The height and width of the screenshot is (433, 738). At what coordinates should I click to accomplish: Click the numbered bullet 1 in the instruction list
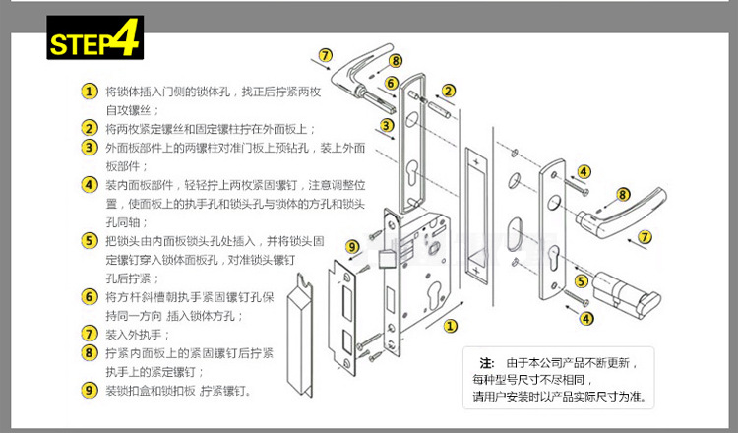coord(90,91)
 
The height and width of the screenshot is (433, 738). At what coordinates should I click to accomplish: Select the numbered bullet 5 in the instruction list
coord(90,240)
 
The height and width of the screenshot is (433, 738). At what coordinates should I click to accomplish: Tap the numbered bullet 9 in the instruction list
coord(90,390)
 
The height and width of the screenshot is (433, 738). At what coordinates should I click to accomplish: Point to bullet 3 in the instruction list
coord(90,147)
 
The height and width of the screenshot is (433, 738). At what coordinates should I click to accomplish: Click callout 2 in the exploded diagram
coord(449,92)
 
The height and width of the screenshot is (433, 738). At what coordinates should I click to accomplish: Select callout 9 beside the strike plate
coord(352,246)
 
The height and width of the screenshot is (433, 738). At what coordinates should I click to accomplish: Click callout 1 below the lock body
coord(450,325)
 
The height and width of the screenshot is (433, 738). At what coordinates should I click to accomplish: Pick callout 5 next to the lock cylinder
coord(582,281)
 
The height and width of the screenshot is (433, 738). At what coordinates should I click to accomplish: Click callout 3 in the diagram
coord(387,125)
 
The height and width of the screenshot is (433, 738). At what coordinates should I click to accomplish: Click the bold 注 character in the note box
coord(485,363)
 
